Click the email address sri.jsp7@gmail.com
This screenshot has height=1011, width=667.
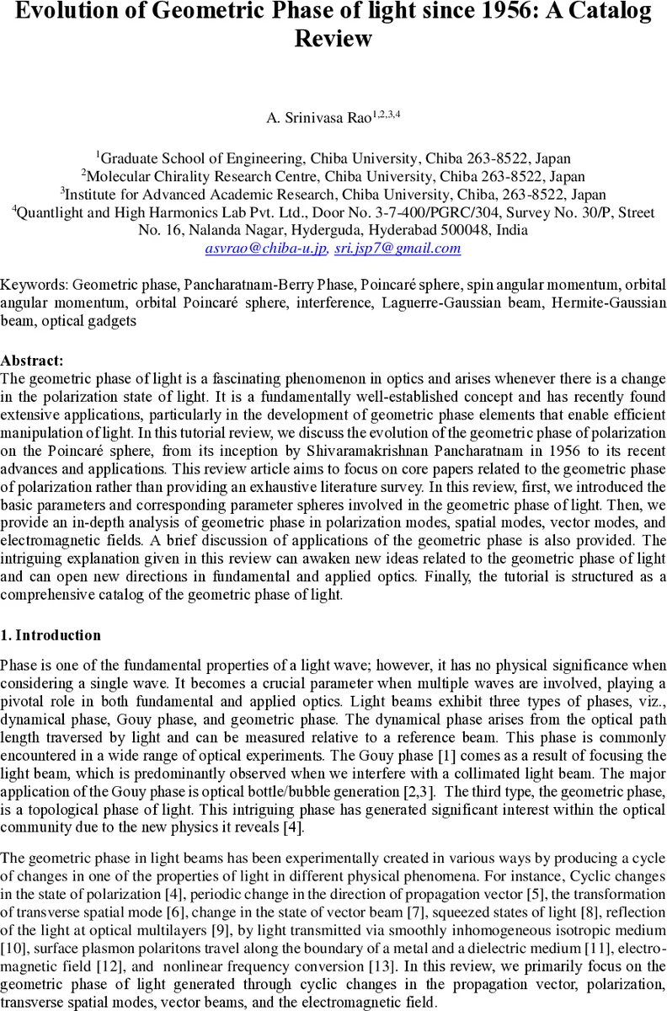(x=398, y=249)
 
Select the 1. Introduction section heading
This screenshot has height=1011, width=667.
(x=51, y=635)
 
